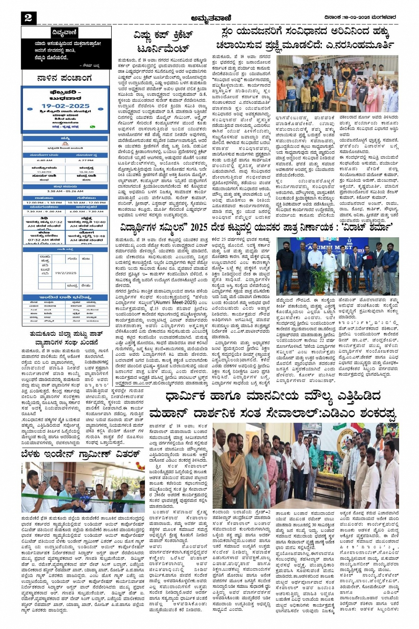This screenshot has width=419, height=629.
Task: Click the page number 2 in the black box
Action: click(x=28, y=18)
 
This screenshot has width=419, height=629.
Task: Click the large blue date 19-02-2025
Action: click(x=66, y=106)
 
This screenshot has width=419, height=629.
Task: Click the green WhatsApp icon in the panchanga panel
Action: click(x=92, y=126)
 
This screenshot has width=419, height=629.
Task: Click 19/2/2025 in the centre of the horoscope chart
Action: click(x=66, y=273)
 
